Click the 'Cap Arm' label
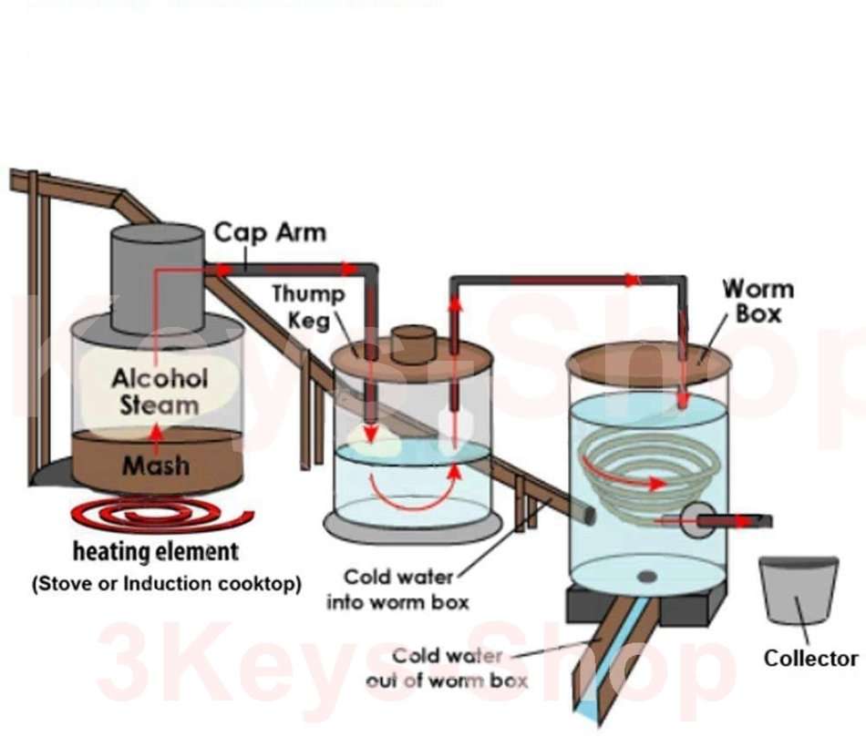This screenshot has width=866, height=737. point(269,232)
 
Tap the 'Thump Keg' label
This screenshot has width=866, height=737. point(308,307)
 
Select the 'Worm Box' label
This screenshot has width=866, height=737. point(758,302)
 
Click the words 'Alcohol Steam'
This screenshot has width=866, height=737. point(160,392)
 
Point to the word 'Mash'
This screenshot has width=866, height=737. point(157,466)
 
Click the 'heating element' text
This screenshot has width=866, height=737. point(156,552)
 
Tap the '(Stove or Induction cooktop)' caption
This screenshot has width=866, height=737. point(167,584)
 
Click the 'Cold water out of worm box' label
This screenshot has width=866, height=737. point(446,669)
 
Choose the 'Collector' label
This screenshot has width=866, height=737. point(810,658)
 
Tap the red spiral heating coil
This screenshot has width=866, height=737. point(160,517)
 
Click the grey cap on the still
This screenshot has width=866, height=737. point(157,278)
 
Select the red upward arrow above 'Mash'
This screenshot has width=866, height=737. point(156,434)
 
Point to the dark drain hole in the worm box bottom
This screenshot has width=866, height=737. point(646,576)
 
